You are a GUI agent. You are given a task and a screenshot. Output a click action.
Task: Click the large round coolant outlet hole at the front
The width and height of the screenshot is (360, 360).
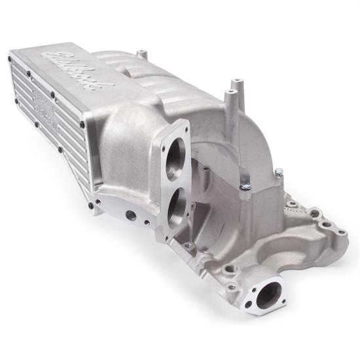266,297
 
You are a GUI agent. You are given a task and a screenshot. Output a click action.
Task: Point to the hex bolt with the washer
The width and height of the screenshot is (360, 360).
245,187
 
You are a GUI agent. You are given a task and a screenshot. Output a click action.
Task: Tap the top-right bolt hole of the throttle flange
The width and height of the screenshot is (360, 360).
185,124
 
